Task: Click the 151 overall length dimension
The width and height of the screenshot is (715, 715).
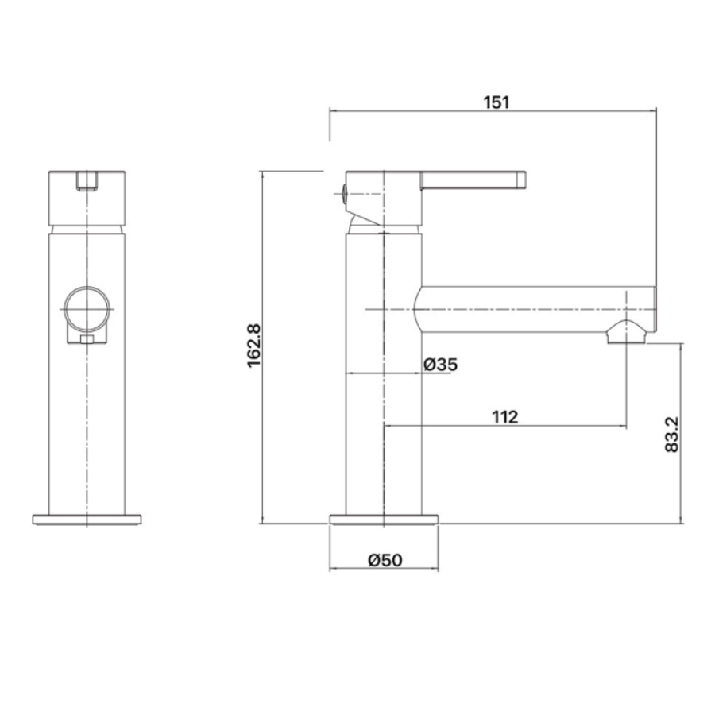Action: click(496, 102)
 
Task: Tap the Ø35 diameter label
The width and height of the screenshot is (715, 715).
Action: click(441, 365)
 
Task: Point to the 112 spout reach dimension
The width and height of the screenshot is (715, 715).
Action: click(504, 416)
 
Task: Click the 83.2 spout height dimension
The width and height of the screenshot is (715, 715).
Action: click(672, 434)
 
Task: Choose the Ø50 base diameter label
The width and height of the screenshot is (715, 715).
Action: click(385, 559)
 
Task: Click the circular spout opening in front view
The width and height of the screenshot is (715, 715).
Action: click(87, 309)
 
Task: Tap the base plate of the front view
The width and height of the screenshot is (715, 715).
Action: click(86, 520)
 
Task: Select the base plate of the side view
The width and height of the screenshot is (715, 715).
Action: click(384, 520)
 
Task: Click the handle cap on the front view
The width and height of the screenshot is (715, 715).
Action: click(87, 197)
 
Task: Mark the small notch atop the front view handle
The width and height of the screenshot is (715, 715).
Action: click(87, 181)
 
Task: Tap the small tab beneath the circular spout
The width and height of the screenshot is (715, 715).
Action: click(87, 340)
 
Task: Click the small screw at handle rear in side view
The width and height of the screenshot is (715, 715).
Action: click(343, 192)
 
